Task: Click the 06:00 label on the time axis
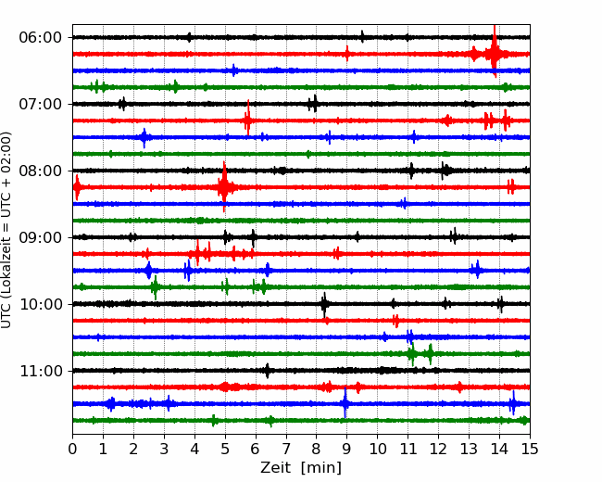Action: pyautogui.click(x=41, y=38)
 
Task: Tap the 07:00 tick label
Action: pyautogui.click(x=41, y=104)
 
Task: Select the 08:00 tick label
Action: pyautogui.click(x=41, y=171)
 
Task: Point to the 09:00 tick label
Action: pyautogui.click(x=41, y=237)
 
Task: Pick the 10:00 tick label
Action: pyautogui.click(x=41, y=304)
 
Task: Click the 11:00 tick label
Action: pyautogui.click(x=41, y=371)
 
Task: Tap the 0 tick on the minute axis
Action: pyautogui.click(x=72, y=449)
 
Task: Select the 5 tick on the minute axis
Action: pyautogui.click(x=225, y=449)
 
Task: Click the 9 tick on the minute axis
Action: pyautogui.click(x=347, y=449)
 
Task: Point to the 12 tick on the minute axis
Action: pyautogui.click(x=438, y=449)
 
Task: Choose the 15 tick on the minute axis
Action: pyautogui.click(x=530, y=449)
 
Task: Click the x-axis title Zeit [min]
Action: pyautogui.click(x=301, y=468)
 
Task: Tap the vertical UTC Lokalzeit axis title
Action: pyautogui.click(x=6, y=230)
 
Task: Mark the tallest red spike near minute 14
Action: pyautogui.click(x=495, y=51)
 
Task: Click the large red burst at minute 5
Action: pyautogui.click(x=224, y=187)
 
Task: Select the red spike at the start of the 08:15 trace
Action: pyautogui.click(x=77, y=187)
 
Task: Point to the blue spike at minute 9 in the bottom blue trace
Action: pyautogui.click(x=345, y=403)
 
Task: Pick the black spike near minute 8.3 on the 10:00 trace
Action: pyautogui.click(x=324, y=304)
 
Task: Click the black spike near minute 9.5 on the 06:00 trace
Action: pyautogui.click(x=362, y=37)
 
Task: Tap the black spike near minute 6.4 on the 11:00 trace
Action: pyautogui.click(x=268, y=371)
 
